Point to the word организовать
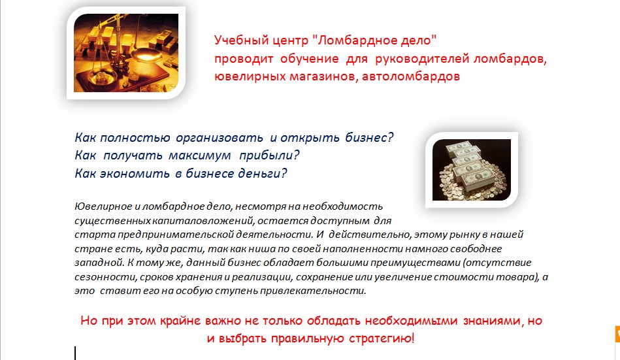[x=220, y=138]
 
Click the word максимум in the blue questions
[x=200, y=155]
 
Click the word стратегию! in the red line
[x=382, y=338]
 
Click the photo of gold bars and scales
[x=126, y=53]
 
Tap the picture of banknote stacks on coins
[x=472, y=170]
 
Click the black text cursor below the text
[x=75, y=353]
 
